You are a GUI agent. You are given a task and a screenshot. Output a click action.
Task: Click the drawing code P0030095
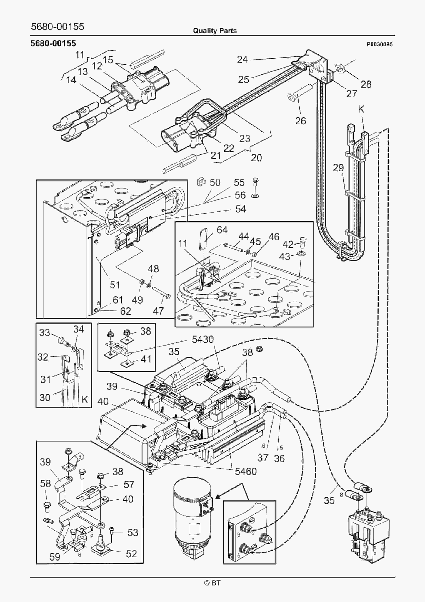(x=379, y=45)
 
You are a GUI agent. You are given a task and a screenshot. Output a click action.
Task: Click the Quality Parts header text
(x=215, y=31)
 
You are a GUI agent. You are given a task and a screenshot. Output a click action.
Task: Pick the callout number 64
(x=222, y=230)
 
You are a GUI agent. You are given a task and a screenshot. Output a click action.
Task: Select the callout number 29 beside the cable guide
(x=338, y=168)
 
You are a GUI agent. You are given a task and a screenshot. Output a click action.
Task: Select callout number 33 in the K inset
(x=44, y=332)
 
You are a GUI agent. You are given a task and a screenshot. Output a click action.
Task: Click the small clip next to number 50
(x=201, y=182)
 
